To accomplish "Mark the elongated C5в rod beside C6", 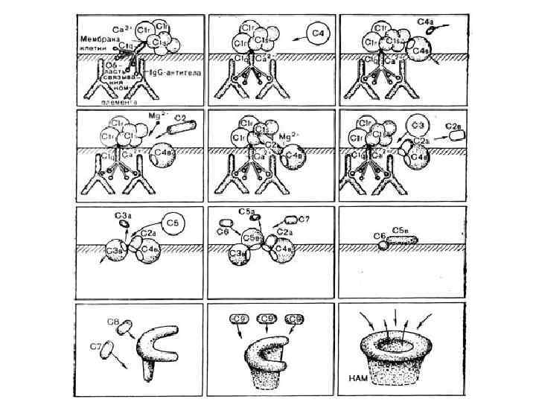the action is [402, 240].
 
